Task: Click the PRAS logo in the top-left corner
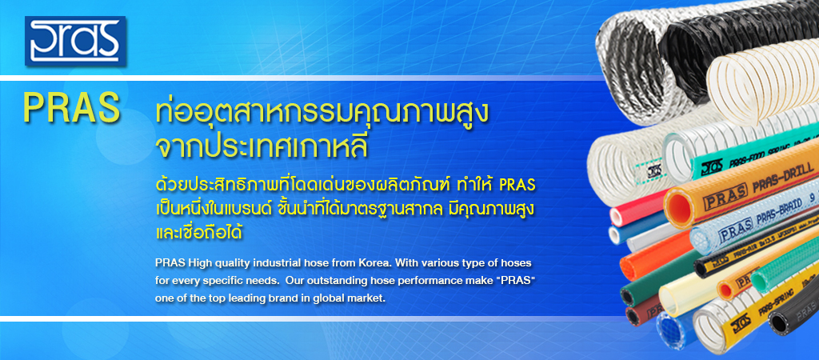click(x=75, y=42)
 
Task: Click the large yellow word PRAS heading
click(x=71, y=108)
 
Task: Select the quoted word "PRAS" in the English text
click(x=518, y=280)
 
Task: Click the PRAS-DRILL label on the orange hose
click(x=782, y=174)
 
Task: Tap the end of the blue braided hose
click(x=669, y=329)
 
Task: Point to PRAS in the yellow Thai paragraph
click(x=517, y=185)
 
